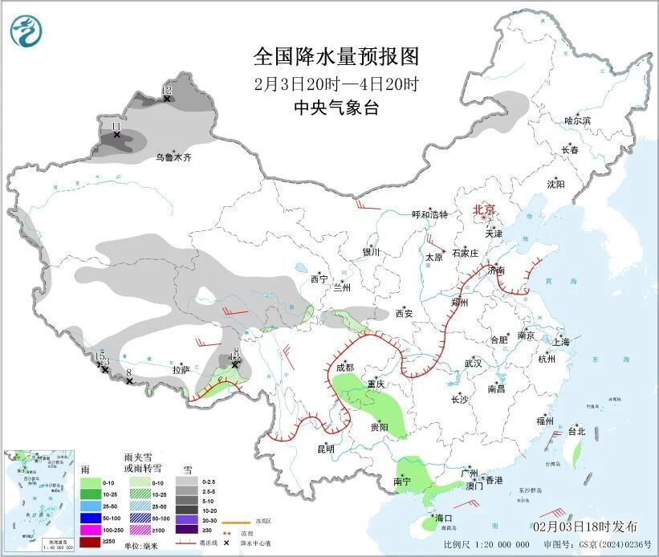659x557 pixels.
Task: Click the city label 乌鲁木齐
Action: point(173,158)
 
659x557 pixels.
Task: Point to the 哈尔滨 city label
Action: point(576,120)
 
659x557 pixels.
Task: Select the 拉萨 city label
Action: point(181,370)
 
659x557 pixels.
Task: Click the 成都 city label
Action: point(344,368)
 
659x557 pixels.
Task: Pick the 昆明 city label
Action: point(325,449)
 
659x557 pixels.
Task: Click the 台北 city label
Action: point(576,431)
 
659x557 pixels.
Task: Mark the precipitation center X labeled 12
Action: point(167,97)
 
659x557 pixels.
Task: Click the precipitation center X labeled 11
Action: point(116,135)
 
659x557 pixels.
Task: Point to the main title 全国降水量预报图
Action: point(336,57)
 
